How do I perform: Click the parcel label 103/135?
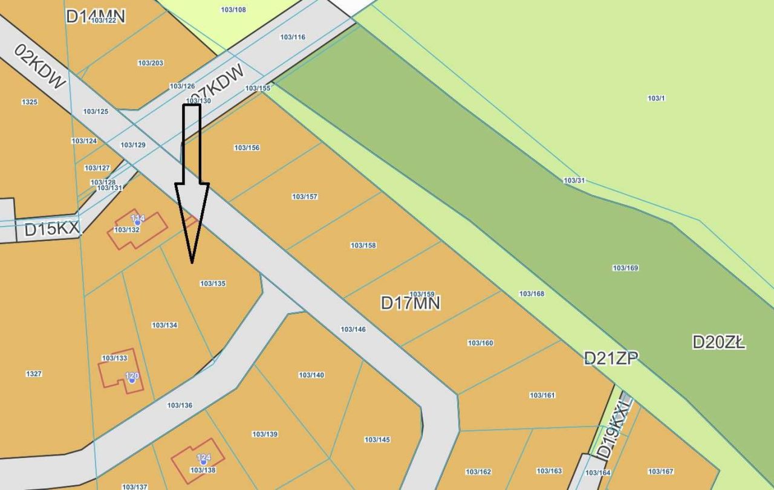[x=213, y=283]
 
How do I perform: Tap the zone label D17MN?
[x=411, y=303]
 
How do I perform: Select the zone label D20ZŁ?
[x=719, y=343]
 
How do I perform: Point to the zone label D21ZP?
[x=611, y=358]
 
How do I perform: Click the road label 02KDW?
[x=40, y=66]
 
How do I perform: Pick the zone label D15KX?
[x=52, y=229]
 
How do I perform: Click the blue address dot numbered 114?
[x=138, y=222]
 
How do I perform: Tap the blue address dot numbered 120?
[x=132, y=380]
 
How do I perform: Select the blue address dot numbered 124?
[x=204, y=462]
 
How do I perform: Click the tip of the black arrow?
[x=192, y=262]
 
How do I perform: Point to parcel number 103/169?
[x=625, y=268]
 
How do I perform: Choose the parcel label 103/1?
[x=656, y=98]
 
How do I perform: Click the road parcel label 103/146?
[x=353, y=329]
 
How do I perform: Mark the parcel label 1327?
[x=34, y=374]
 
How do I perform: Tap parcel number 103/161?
[x=542, y=395]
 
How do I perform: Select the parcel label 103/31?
[x=574, y=181]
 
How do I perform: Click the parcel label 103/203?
[x=151, y=63]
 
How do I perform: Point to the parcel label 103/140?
[x=311, y=375]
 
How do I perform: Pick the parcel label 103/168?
[x=532, y=294]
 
